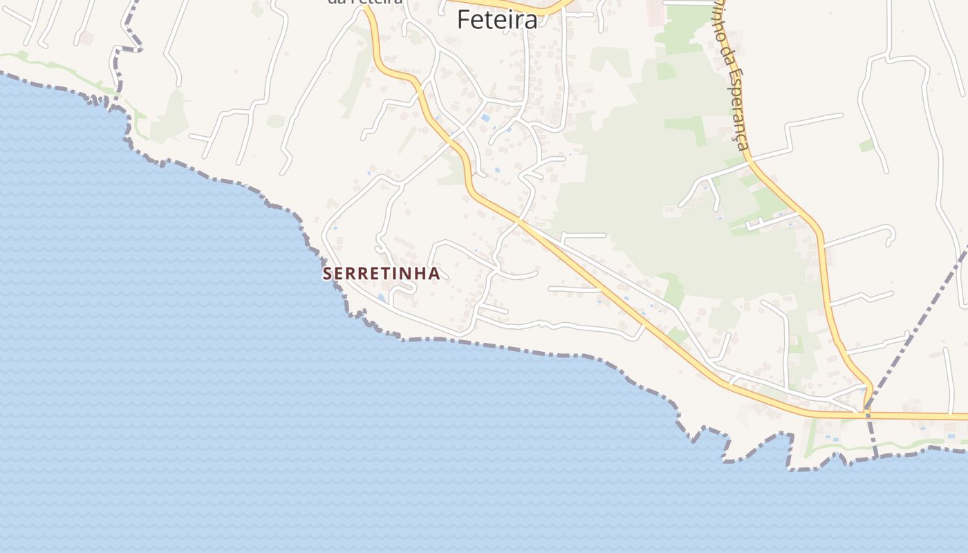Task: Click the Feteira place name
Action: pos(496,20)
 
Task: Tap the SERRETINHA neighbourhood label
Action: pos(381,274)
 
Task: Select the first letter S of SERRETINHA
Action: pos(328,274)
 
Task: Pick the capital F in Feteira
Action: pos(464,20)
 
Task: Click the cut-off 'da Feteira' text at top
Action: pos(364,2)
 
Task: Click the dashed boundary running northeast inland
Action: pos(920,325)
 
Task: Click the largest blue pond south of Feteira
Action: pos(485,118)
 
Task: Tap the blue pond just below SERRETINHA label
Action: pos(381,297)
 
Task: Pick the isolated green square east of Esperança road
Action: pos(866,146)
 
